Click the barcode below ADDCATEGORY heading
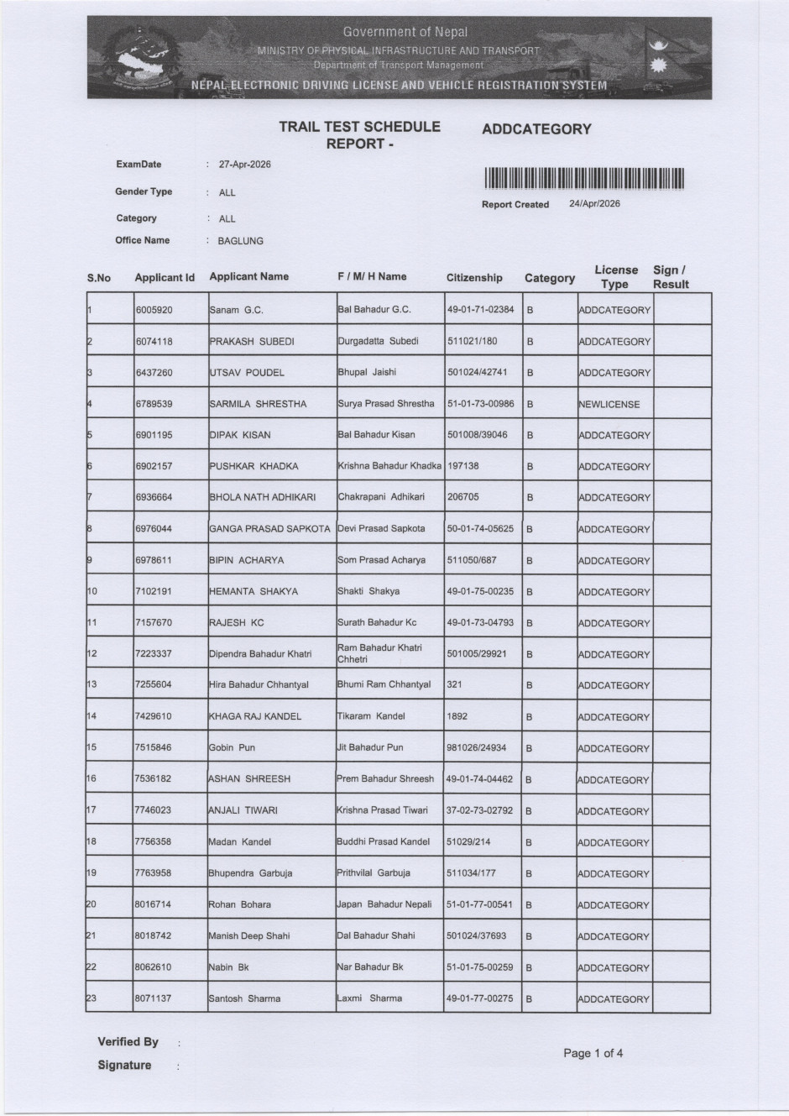click(585, 178)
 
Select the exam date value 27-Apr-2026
click(244, 165)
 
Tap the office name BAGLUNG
click(240, 241)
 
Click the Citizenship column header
click(474, 278)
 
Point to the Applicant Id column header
click(165, 277)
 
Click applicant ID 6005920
click(154, 310)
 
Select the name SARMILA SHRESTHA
click(258, 404)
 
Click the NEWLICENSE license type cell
click(609, 404)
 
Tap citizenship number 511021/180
click(472, 341)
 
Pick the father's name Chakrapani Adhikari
click(381, 497)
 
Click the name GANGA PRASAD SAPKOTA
click(269, 529)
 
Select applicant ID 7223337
click(154, 653)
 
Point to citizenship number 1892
click(457, 716)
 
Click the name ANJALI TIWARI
click(243, 810)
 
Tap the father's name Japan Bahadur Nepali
click(384, 904)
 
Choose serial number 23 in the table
click(91, 998)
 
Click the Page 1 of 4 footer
click(593, 1053)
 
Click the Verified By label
click(128, 1042)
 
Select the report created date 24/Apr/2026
click(594, 204)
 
